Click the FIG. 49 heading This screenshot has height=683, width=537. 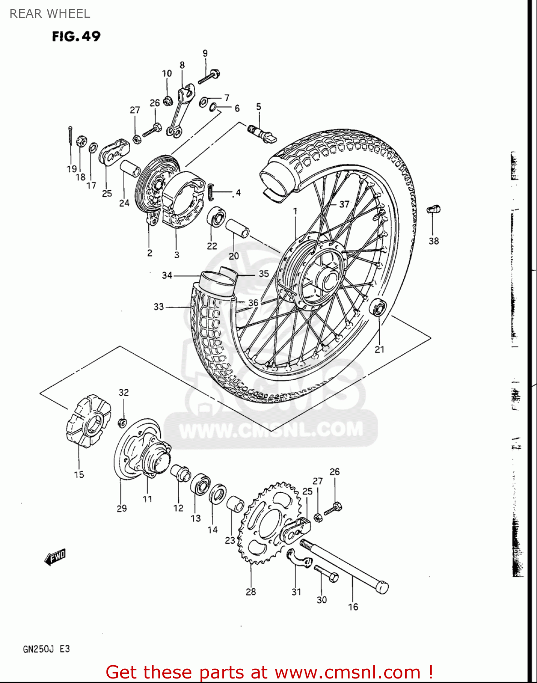pos(76,36)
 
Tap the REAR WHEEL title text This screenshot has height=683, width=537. pos(50,14)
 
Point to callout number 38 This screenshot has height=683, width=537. pos(433,241)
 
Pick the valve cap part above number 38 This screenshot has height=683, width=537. pos(433,209)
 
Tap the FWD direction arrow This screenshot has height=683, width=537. pos(55,557)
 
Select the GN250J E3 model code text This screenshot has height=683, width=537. pos(46,649)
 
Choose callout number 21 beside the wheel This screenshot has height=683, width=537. pos(379,349)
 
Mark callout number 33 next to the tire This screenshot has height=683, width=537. pos(158,306)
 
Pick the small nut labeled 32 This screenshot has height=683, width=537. pos(122,422)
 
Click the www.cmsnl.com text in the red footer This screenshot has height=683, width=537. pos(347,672)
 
